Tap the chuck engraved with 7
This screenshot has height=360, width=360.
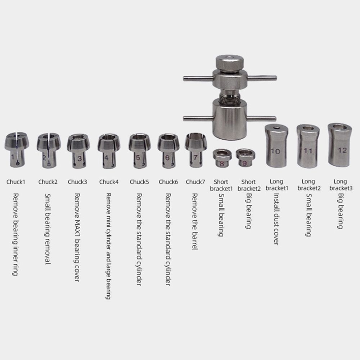click(x=195, y=149)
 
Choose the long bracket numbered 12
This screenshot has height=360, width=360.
click(x=339, y=145)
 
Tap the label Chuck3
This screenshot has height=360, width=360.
click(x=77, y=182)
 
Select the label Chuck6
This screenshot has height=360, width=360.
click(x=168, y=182)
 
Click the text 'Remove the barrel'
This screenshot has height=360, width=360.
click(x=195, y=222)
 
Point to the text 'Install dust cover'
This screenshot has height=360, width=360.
click(x=276, y=219)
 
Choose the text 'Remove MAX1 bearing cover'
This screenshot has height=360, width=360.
click(x=77, y=238)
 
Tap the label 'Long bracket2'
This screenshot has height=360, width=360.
click(x=308, y=185)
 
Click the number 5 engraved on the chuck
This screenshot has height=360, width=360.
click(x=138, y=157)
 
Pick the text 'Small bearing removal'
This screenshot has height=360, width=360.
click(x=47, y=229)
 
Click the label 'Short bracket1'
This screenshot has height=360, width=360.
click(x=221, y=185)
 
